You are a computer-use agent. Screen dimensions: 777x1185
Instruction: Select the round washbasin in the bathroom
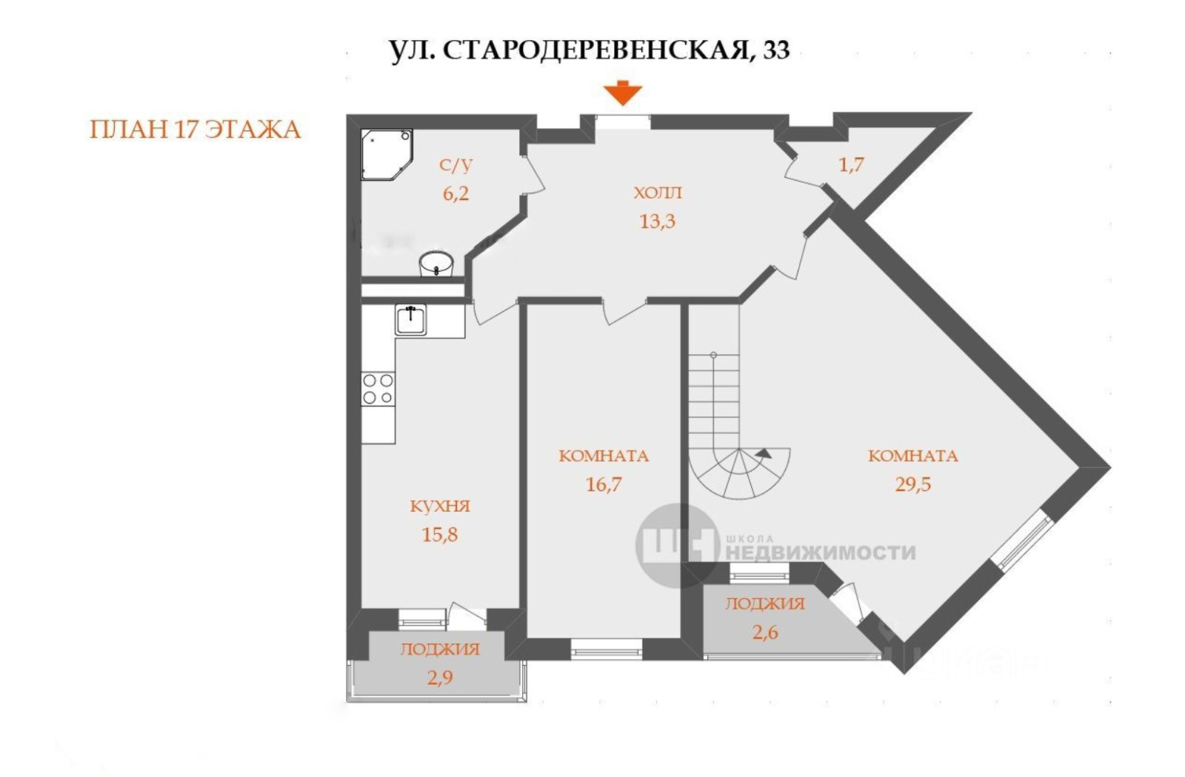pyautogui.click(x=436, y=264)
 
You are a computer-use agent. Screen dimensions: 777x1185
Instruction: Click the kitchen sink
pyautogui.click(x=410, y=319)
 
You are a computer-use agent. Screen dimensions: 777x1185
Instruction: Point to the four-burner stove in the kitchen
pyautogui.click(x=378, y=389)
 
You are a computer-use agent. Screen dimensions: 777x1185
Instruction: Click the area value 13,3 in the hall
pyautogui.click(x=657, y=221)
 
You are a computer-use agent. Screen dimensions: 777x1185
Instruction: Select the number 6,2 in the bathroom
pyautogui.click(x=455, y=194)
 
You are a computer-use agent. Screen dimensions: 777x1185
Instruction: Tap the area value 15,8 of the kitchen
pyautogui.click(x=439, y=535)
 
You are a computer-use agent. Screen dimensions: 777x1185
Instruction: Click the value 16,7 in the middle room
pyautogui.click(x=604, y=484)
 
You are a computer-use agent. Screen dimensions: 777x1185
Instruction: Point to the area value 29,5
pyautogui.click(x=912, y=484)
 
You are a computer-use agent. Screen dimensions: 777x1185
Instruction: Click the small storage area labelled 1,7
pyautogui.click(x=851, y=164)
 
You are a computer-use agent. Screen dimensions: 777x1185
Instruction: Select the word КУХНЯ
pyautogui.click(x=440, y=507)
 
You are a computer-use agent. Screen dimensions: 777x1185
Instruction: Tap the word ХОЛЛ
pyautogui.click(x=658, y=193)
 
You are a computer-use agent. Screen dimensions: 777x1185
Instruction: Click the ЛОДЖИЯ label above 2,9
pyautogui.click(x=440, y=650)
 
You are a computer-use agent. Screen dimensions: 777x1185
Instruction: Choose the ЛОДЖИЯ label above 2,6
pyautogui.click(x=764, y=604)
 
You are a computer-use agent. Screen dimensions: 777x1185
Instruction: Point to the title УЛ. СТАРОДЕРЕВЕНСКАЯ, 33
pyautogui.click(x=590, y=50)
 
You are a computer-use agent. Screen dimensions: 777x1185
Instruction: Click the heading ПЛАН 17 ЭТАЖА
pyautogui.click(x=195, y=130)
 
